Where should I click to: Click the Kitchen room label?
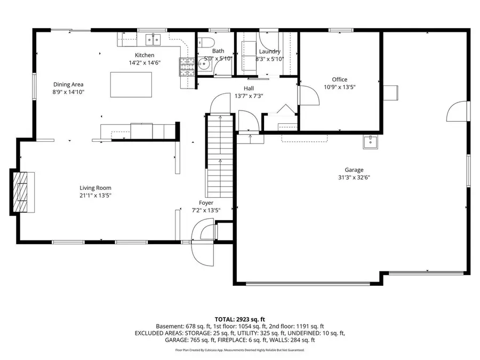point(145,55)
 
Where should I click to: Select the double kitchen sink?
point(154,39)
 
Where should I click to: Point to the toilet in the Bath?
point(208,43)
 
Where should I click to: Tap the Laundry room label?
point(270,52)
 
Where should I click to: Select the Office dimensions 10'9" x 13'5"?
point(340,87)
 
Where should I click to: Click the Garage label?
point(354,170)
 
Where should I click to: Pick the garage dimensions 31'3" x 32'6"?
point(354,178)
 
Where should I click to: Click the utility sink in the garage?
point(370,141)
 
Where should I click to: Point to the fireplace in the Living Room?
point(22,192)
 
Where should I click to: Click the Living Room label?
point(95,188)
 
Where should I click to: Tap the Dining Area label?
point(68,84)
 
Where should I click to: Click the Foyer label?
point(206,203)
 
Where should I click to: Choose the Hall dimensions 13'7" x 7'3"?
point(249,96)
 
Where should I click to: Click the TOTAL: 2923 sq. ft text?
point(239,318)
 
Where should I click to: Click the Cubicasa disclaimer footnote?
point(239,350)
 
